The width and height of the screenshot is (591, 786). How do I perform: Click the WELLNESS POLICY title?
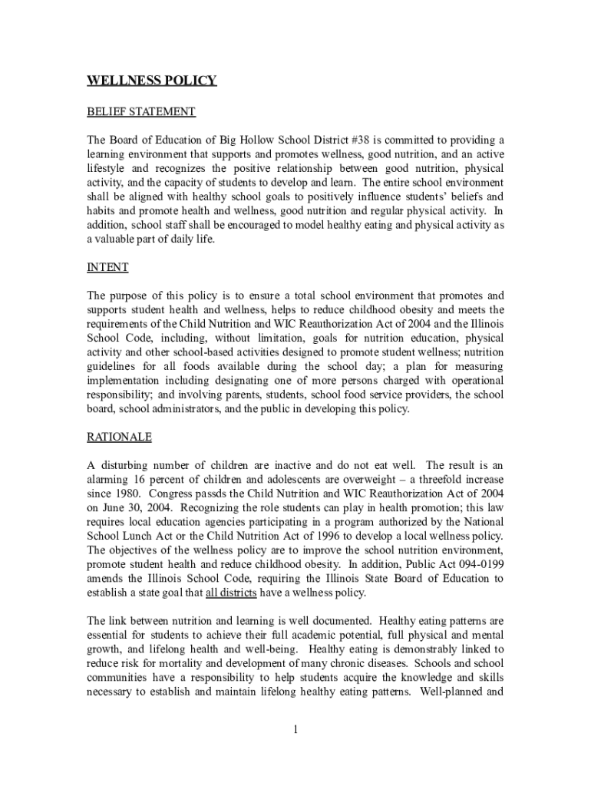pyautogui.click(x=152, y=81)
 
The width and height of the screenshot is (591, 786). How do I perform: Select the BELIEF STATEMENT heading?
pyautogui.click(x=141, y=112)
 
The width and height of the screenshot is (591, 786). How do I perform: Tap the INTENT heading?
pyautogui.click(x=107, y=267)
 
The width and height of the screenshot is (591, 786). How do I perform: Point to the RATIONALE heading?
pyautogui.click(x=119, y=437)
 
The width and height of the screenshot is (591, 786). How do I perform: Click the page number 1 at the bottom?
pyautogui.click(x=295, y=728)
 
